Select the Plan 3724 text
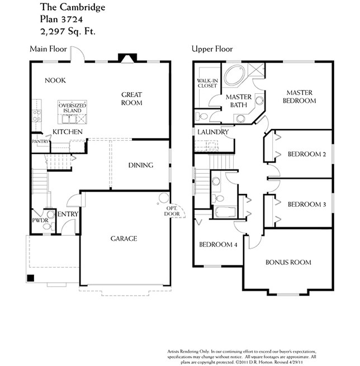coord(63,20)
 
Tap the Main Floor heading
coord(48,49)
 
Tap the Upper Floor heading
coord(212,49)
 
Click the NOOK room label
coord(55,80)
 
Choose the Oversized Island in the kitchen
coord(72,107)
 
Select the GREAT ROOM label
coord(132,99)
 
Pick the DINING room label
coord(141,165)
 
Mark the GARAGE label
coord(124,239)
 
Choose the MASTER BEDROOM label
coord(301,97)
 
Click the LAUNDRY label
coord(212,132)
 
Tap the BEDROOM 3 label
coord(306,205)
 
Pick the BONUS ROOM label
coord(288,262)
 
